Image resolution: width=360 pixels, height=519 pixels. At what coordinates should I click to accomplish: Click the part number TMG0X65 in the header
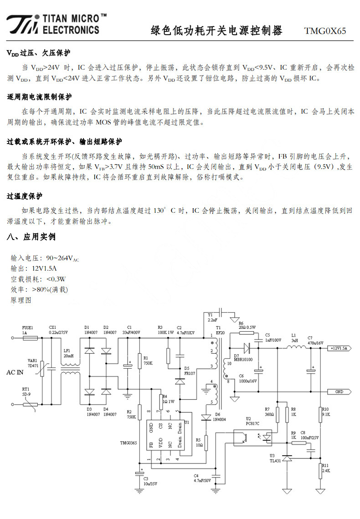coord(325,31)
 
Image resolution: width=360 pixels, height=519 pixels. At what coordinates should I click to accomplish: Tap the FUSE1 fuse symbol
coord(30,338)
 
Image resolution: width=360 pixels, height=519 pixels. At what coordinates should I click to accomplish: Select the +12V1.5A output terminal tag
coord(339,348)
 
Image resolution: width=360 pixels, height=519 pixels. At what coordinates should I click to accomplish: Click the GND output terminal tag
coord(339,391)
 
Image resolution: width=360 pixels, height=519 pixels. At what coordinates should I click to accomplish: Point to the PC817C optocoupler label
coord(252,423)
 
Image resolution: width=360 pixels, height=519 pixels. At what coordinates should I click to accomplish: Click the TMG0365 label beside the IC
coord(129,443)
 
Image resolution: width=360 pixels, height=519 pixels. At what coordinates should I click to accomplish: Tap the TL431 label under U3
coord(275,460)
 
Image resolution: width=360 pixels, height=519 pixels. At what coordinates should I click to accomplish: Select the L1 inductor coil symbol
coord(296,347)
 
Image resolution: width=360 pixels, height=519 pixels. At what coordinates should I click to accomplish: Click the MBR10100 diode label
coord(243,360)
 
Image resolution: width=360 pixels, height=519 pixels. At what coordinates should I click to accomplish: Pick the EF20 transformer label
coord(220,333)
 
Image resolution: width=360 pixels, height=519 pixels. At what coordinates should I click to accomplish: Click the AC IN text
coord(15,372)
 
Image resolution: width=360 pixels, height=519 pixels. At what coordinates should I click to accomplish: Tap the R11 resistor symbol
coord(320,471)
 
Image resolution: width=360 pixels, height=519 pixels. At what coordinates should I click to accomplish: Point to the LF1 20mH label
coord(68,353)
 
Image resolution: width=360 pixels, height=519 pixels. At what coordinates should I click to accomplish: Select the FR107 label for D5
coord(190,373)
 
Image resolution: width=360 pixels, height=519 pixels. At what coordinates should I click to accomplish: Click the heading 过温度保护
coord(25,196)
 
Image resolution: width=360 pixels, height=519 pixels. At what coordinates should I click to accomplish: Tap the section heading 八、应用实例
coord(31,237)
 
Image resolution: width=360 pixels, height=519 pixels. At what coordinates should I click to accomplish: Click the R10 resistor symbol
coord(320,414)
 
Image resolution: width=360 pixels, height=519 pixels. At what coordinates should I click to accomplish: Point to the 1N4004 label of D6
coord(219,419)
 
